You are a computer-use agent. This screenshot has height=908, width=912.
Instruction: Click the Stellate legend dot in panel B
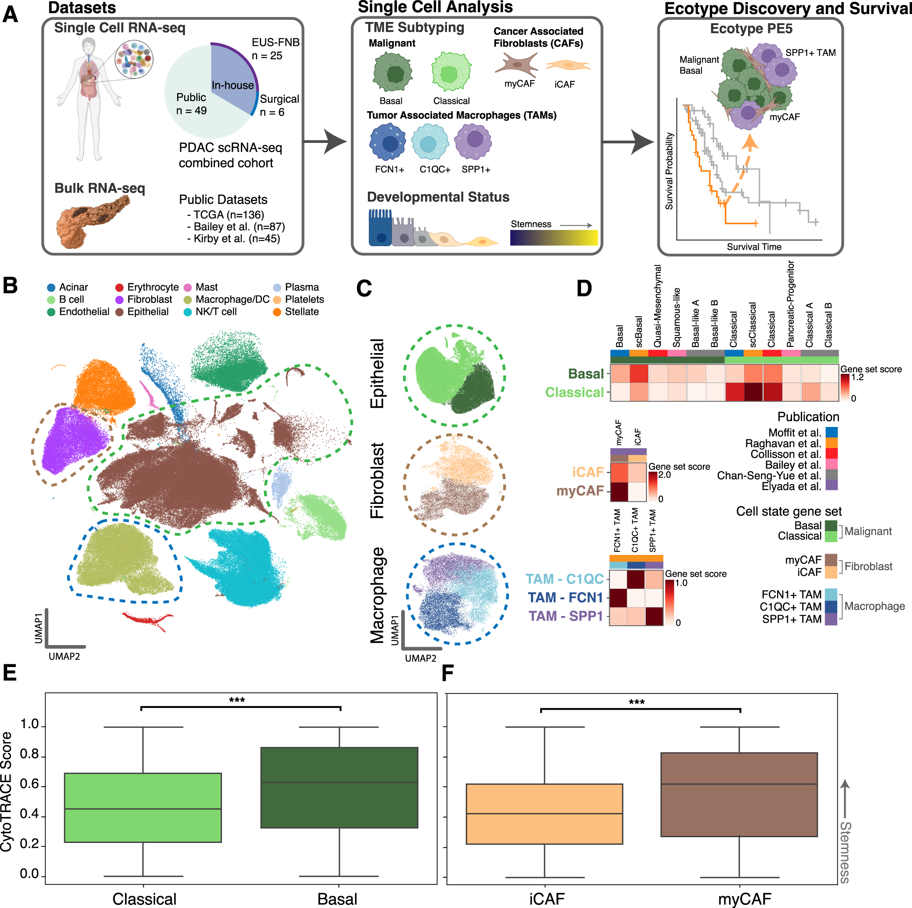tap(277, 312)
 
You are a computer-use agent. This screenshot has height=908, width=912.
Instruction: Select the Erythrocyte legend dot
tap(120, 287)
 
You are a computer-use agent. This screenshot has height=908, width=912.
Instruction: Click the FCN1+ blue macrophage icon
tap(388, 142)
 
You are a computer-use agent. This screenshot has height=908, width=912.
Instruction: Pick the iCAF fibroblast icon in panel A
tap(568, 65)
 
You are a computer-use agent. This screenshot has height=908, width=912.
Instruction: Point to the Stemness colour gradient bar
tap(554, 237)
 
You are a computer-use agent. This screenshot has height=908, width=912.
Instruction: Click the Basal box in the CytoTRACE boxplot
tap(339, 787)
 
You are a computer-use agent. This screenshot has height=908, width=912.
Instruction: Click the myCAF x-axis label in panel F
tap(745, 899)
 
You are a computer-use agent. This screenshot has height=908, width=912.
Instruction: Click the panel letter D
tap(584, 288)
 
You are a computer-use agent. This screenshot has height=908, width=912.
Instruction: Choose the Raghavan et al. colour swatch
tap(831, 443)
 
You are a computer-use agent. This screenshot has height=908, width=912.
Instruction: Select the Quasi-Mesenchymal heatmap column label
tap(658, 306)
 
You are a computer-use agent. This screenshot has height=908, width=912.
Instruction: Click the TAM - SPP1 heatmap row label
tap(566, 616)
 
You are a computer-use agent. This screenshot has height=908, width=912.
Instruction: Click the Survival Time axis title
tap(754, 247)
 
